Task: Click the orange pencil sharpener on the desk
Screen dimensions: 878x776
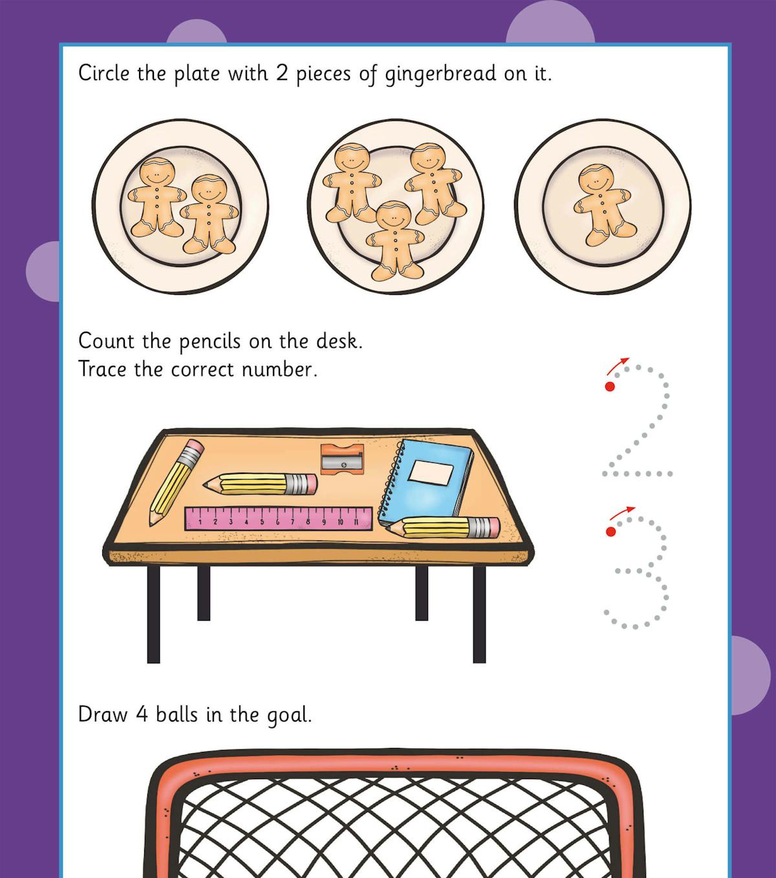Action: tap(342, 458)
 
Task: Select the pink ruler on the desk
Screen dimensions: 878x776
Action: tap(279, 519)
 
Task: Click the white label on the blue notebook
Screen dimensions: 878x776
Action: tap(431, 473)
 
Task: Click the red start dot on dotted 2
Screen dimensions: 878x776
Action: tap(609, 386)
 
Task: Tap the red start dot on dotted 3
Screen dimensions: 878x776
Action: tap(610, 531)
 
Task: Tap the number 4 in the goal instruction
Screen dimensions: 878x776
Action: tap(142, 714)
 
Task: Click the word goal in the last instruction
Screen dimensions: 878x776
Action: tap(288, 716)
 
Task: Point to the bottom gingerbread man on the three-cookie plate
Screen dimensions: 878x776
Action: tap(391, 239)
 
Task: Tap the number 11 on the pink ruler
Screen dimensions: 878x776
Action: tap(356, 521)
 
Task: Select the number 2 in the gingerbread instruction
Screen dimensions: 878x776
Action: tap(282, 73)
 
